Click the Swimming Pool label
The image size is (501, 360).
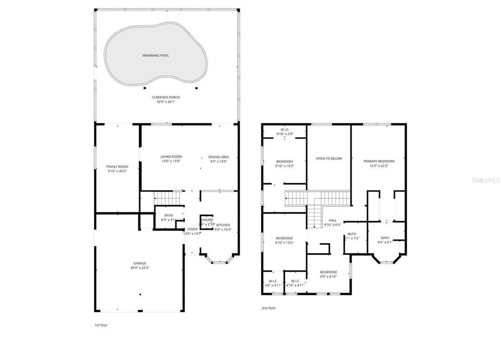pos(155,56)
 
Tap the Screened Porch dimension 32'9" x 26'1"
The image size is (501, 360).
pos(166,102)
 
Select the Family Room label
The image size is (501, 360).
pos(117,167)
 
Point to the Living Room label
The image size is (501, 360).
pos(171,157)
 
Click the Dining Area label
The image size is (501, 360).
pos(219,157)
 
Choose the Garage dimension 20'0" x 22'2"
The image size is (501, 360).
pos(140,268)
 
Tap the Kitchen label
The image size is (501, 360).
pos(223,225)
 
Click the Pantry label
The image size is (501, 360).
pos(207,220)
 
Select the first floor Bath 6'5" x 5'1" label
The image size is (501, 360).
pos(169,215)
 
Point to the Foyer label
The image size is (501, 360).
pos(192,229)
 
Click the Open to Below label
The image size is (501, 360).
pos(329,158)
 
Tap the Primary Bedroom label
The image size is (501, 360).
pos(378,161)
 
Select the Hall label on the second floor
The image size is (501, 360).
pos(333,220)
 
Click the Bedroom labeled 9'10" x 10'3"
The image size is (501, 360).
pos(284,162)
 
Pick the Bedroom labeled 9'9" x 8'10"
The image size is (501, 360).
pos(328,272)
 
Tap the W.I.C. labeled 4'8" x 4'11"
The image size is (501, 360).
pos(272,281)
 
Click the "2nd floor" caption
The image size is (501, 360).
pos(269,308)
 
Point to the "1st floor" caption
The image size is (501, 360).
pos(101,325)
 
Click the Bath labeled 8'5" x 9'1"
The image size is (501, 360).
pos(385,238)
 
